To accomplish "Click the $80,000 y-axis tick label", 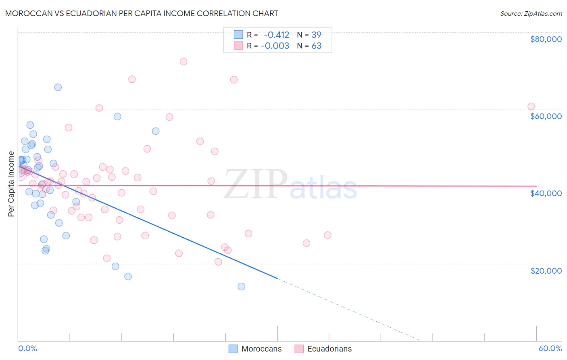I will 546,39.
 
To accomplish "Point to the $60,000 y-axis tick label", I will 546,116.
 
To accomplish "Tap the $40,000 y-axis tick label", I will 546,193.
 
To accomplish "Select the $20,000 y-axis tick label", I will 546,270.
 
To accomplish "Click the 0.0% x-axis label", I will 27,348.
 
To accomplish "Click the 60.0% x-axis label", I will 550,348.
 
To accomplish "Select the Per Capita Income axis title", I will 11,184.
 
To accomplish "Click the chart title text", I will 142,13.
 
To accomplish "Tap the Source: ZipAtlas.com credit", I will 531,14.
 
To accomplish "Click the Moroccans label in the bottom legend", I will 261,349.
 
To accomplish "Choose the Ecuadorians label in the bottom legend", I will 329,349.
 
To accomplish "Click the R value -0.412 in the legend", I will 276,35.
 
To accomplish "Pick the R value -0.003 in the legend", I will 275,46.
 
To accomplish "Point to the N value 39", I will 316,35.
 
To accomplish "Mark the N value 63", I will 316,46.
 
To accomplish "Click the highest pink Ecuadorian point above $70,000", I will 183,62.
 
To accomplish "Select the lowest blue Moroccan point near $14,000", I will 242,287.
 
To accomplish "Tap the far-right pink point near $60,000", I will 531,107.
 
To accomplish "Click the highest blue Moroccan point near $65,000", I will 58,87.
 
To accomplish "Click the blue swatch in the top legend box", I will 238,35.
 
